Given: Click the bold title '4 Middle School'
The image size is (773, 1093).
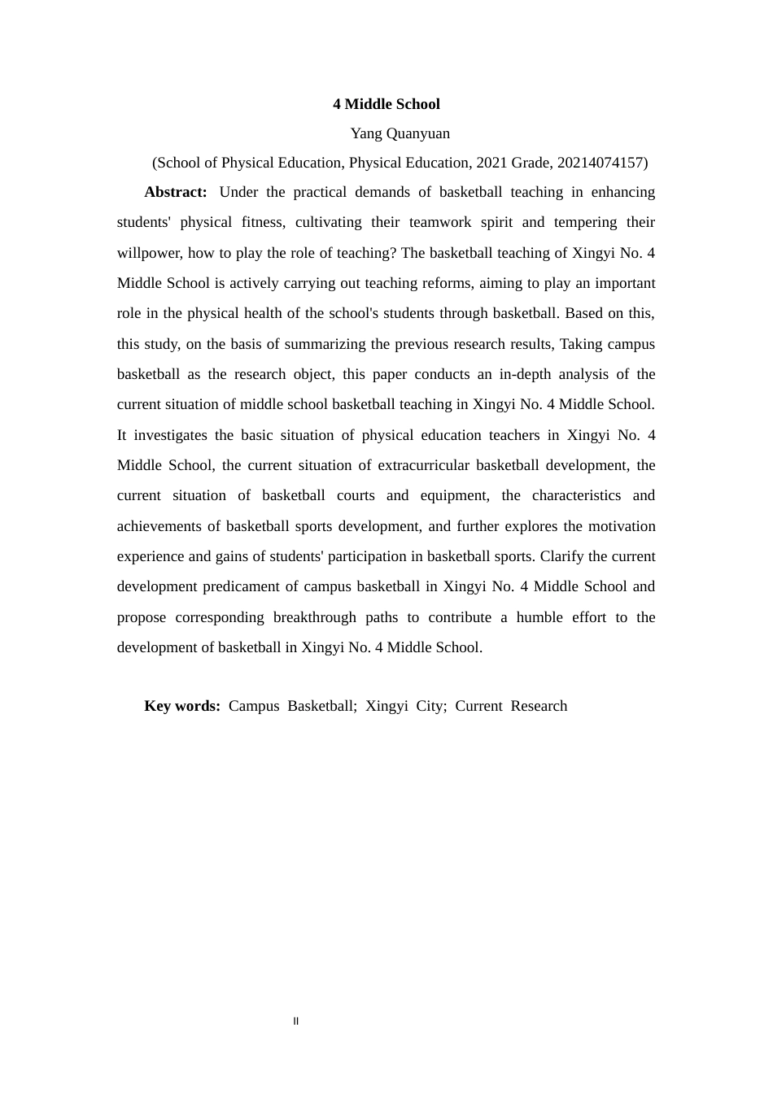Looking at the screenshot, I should tap(386, 104).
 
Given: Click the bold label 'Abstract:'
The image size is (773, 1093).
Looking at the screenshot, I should tap(176, 192).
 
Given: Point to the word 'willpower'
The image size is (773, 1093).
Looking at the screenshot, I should tap(149, 253).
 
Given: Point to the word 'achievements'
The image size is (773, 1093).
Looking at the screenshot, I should tap(159, 527).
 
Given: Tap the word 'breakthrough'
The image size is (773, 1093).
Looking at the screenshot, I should tap(314, 618).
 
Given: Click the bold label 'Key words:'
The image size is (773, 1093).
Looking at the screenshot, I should tap(182, 706).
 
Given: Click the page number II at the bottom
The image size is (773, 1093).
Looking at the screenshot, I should tap(296, 1021).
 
